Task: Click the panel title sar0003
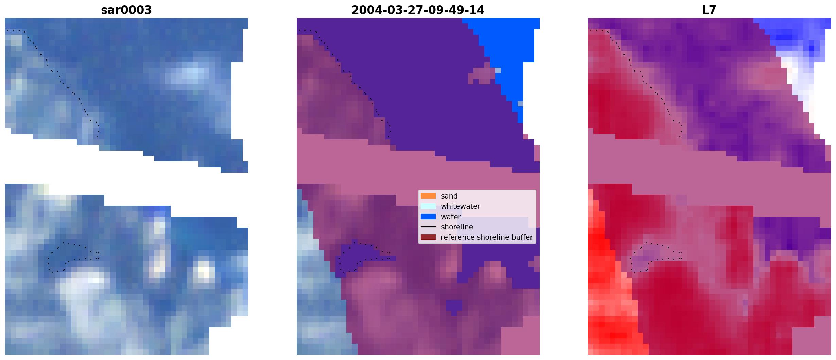[126, 10]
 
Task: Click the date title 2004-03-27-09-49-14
[418, 10]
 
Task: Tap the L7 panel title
[709, 10]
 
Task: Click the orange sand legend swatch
[428, 196]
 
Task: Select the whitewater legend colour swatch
[428, 206]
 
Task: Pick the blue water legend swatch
[428, 217]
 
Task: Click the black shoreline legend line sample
[428, 227]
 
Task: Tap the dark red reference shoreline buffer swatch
[428, 237]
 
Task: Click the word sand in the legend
[449, 196]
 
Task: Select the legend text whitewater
[460, 206]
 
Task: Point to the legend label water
[451, 217]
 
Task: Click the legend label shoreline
[457, 227]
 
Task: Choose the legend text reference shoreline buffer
[487, 237]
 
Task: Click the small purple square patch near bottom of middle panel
[454, 307]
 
